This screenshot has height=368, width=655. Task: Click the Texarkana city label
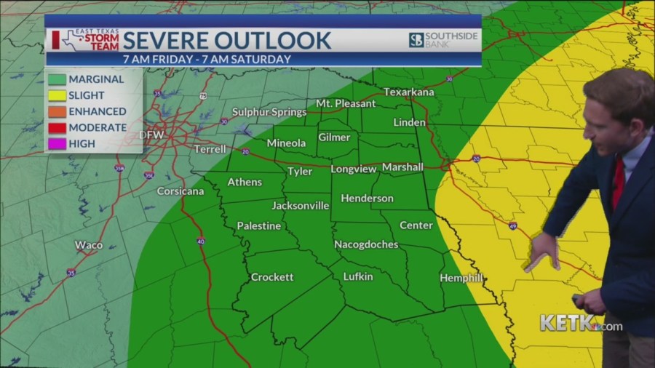point(408,92)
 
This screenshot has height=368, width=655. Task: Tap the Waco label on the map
point(89,245)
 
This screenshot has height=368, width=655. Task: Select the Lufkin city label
point(358,276)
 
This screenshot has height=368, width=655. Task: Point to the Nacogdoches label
point(366,244)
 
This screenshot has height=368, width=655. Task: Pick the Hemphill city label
point(461,279)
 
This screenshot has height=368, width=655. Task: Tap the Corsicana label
point(180,191)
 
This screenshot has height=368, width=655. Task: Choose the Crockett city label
point(272,277)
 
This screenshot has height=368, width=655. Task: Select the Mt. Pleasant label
point(346,103)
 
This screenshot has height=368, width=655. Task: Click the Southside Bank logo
point(442,40)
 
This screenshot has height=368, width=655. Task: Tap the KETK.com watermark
point(581,324)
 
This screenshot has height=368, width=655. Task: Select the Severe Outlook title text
point(227,40)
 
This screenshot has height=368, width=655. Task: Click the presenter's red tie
point(618,182)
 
